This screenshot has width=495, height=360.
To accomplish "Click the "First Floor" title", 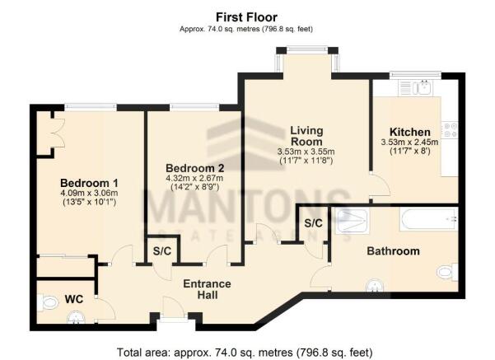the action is [246, 17].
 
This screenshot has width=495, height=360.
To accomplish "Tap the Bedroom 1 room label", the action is [89, 183].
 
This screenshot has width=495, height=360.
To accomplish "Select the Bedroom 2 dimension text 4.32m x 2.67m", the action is [194, 178].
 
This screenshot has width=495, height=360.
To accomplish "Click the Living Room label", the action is [306, 135].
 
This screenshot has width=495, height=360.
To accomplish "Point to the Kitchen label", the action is [410, 132].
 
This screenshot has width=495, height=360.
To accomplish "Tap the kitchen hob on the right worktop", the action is [450, 130].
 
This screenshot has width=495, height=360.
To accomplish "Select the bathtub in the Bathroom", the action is [428, 219].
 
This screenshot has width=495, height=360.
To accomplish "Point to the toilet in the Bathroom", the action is [448, 272].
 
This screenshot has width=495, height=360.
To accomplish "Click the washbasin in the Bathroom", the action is [375, 286].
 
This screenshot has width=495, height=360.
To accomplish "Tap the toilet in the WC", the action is [48, 302].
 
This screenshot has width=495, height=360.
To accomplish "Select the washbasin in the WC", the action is [76, 317].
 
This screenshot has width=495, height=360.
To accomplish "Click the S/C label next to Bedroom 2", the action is [162, 251].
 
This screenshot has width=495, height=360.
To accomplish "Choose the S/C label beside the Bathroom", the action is [313, 223].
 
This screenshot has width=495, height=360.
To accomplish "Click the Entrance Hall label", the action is [207, 289].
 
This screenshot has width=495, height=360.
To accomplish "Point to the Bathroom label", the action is [394, 251].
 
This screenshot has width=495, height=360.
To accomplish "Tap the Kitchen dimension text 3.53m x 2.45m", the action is [409, 142].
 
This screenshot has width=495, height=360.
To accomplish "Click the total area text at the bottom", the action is [245, 352].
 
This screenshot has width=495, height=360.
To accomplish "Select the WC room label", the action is [74, 299].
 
